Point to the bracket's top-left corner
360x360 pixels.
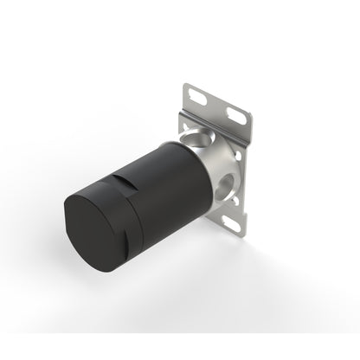coord(186,84)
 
